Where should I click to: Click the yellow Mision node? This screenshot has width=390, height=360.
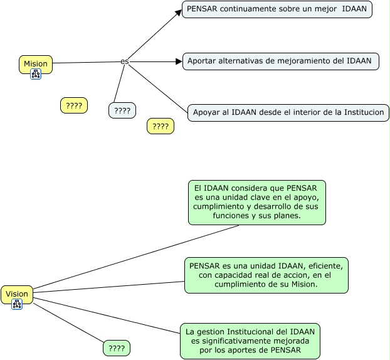tap(36, 63)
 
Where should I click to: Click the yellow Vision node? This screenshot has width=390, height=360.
tap(17, 294)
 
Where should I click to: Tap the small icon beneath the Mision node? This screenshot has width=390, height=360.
tap(36, 74)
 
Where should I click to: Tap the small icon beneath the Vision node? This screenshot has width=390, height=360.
tap(17, 304)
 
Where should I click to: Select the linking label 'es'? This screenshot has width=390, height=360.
tap(125, 61)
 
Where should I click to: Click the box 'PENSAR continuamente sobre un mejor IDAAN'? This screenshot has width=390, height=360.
tap(277, 9)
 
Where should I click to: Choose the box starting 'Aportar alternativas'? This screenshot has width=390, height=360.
tap(280, 61)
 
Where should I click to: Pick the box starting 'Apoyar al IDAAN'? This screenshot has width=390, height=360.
tap(288, 112)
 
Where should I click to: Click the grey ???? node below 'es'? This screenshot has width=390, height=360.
tap(122, 110)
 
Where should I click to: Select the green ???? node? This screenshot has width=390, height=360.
tap(117, 348)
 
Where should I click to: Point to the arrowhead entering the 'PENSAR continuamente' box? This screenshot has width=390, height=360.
tap(178, 11)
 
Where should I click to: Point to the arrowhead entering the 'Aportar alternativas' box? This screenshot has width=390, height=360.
tap(178, 61)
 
